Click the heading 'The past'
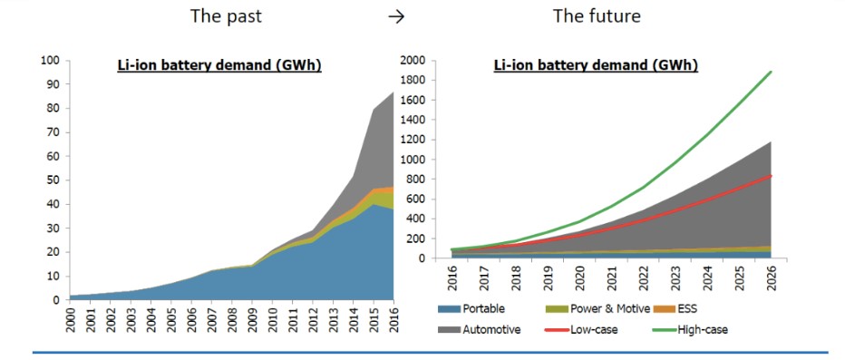coord(225,15)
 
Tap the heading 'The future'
coord(597,15)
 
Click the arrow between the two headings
coord(396,16)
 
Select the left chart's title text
coord(219,66)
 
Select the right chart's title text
coord(596,66)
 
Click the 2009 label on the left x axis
coord(252,318)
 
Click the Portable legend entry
coord(470,309)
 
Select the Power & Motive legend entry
coord(589,309)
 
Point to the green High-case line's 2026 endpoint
coord(772,72)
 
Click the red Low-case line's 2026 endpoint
coord(772,176)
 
